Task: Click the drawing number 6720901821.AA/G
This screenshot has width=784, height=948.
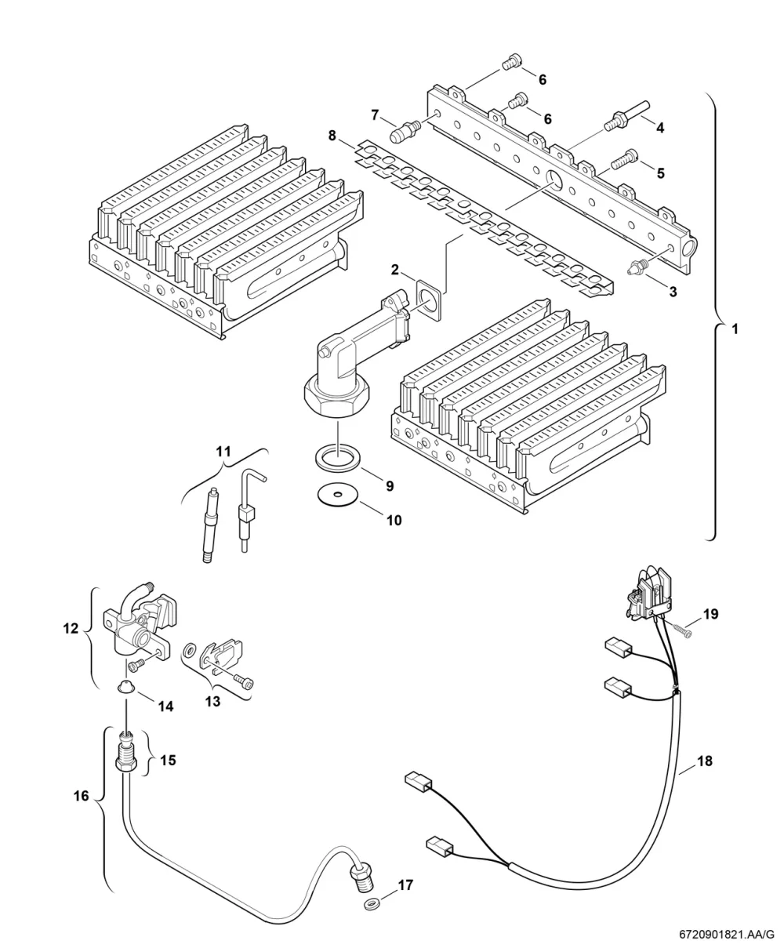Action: [x=726, y=935]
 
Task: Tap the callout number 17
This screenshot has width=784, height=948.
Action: [x=405, y=885]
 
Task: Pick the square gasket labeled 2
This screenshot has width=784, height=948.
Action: [x=429, y=300]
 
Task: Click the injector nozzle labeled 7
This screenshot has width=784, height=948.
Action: [x=404, y=131]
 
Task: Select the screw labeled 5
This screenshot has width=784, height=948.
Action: [x=624, y=160]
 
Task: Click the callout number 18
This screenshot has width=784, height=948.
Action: [x=705, y=761]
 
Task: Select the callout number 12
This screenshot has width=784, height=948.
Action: [x=71, y=628]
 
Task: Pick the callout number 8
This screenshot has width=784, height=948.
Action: [x=332, y=136]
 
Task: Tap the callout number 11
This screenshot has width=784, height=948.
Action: [x=223, y=452]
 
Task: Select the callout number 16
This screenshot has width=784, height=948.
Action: [x=82, y=796]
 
